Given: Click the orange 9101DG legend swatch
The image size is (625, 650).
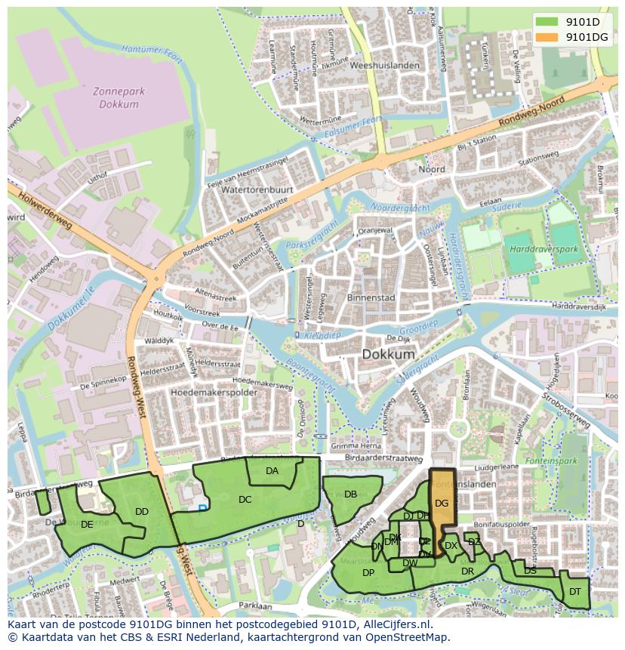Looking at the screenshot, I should tap(547, 37).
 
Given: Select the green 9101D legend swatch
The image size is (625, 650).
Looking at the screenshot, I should tap(547, 22).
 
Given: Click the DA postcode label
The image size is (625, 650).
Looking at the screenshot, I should tap(272, 471).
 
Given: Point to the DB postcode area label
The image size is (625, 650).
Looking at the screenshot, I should tap(350, 494).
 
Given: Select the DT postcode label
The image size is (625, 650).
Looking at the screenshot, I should tap(575, 591).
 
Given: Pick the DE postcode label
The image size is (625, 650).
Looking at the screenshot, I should tap(87, 524).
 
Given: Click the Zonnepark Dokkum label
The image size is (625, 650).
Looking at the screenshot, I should tap(119, 97).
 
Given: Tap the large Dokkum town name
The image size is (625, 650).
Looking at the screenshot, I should tap(388, 353).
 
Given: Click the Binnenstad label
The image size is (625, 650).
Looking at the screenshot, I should tap(371, 298).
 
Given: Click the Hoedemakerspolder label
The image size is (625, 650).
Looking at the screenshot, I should tap(214, 393).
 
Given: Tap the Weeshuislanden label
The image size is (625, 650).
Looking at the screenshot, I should tap(390, 66).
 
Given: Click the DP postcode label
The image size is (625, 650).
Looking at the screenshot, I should tap(368, 572).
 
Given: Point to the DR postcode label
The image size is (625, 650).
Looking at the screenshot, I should tap(467, 571).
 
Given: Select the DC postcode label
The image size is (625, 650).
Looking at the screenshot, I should tap(245, 499).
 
